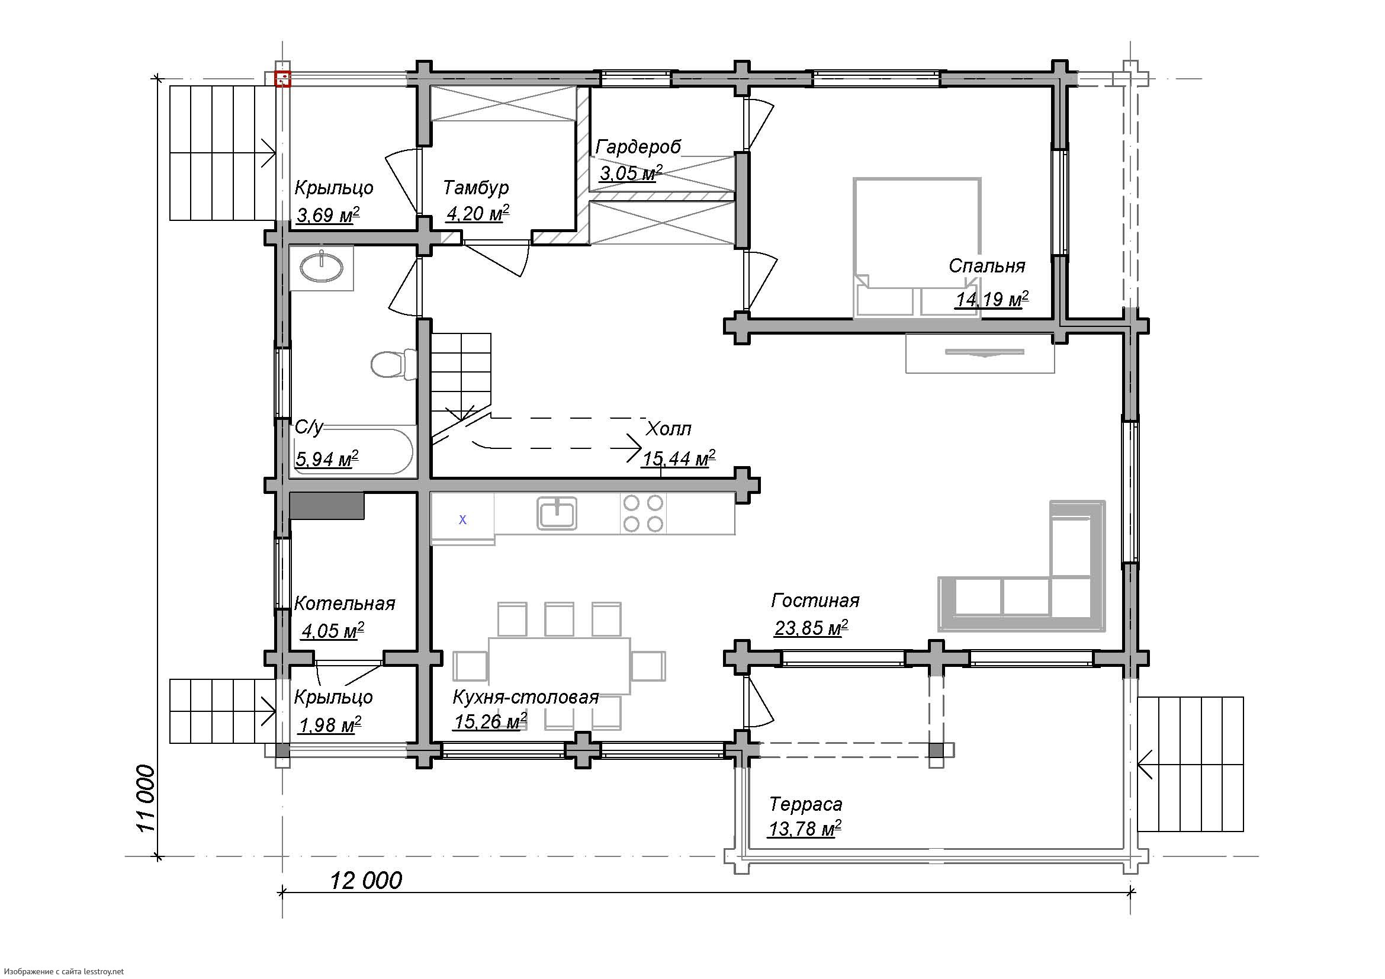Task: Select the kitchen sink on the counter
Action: pos(557,513)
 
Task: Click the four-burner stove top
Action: pos(643,513)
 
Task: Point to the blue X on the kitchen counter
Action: pos(462,519)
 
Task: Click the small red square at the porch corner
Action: pos(283,78)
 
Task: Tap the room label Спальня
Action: pos(987,266)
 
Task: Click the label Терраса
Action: pos(806,804)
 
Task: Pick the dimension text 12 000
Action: pos(366,881)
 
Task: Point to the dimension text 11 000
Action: pos(146,798)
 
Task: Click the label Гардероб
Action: pos(638,146)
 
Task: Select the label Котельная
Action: pos(345,603)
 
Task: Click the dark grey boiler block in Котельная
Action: pos(327,505)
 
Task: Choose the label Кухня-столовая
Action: pos(525,697)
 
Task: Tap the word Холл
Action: pos(669,429)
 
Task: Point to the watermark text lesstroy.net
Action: pos(103,971)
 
